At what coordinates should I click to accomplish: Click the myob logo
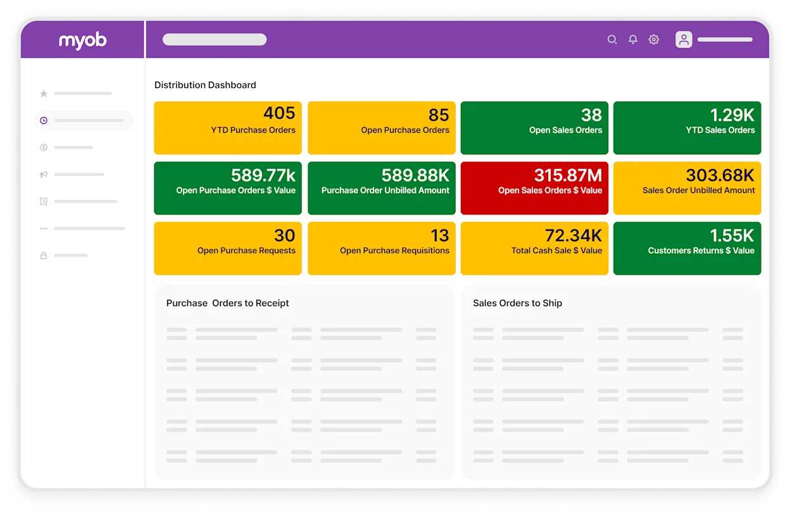pos(82,40)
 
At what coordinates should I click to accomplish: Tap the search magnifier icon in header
pos(612,39)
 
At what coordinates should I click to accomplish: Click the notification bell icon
pos(632,39)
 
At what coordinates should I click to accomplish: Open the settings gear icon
pos(654,39)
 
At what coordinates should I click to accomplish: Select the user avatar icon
pos(684,39)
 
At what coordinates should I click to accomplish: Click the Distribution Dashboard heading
pos(205,85)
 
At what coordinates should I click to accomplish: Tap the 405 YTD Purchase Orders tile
pos(228,128)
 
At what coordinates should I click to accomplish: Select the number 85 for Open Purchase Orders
pos(439,115)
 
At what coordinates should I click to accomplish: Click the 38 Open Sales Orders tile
pos(534,128)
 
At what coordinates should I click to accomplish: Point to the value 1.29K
pos(732,114)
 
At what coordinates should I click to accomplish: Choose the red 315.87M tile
pos(534,188)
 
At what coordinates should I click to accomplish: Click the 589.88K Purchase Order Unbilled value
pos(415,175)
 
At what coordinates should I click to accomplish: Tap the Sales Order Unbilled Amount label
pos(698,190)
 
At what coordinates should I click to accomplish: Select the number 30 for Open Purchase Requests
pos(284,235)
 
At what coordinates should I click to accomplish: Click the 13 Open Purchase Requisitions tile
pos(381,248)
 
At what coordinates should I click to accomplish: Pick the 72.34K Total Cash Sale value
pos(573,235)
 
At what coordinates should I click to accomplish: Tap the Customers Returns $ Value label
pos(701,250)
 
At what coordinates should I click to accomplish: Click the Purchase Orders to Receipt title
pos(227,303)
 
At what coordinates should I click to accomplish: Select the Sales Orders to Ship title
pos(517,303)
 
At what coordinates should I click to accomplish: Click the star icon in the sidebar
pos(44,94)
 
